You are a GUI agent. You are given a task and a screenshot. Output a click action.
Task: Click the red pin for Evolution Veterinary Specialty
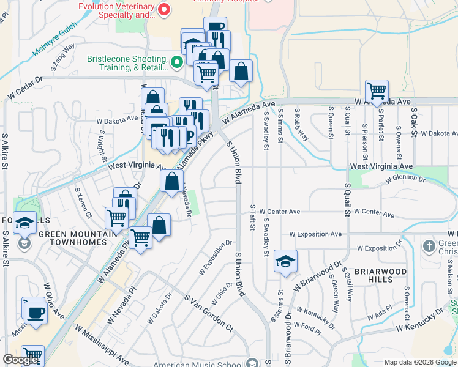[x=163, y=10]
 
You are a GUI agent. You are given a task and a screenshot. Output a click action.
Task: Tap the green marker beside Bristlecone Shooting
[x=178, y=62]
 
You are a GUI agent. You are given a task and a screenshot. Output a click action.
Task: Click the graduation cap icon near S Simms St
[x=285, y=261]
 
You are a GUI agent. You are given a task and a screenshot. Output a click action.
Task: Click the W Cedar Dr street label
[x=25, y=88]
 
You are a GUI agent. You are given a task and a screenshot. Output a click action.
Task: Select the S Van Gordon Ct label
[x=209, y=313]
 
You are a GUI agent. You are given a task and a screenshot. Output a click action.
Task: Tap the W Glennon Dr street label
[x=405, y=179]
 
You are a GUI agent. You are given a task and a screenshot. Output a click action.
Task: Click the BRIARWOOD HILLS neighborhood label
[x=366, y=275]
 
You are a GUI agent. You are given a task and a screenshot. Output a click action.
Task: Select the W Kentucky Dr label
[x=419, y=320]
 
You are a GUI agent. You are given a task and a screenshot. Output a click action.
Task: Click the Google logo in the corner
[x=20, y=360]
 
